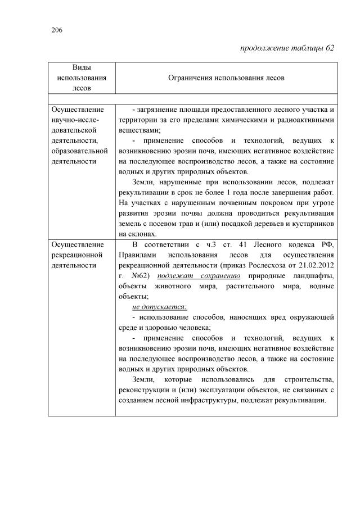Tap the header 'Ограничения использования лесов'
226,78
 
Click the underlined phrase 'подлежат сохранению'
199,275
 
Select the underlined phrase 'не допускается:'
159,307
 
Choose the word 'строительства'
312,380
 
